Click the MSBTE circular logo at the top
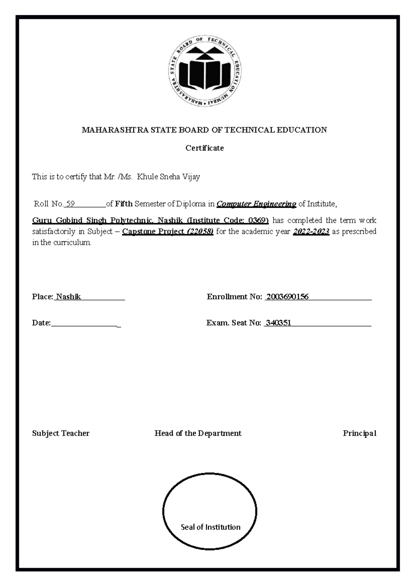tap(206, 71)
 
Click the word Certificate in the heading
tap(204, 148)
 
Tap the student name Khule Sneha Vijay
tap(168, 177)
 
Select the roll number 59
tap(71, 204)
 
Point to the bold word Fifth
tap(124, 204)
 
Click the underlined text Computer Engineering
tap(256, 204)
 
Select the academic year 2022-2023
tap(311, 232)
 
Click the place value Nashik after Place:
tap(68, 297)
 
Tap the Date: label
tap(41, 323)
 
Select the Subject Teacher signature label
tap(61, 433)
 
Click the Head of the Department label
tap(198, 433)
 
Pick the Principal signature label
tap(359, 433)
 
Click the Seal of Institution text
tap(210, 527)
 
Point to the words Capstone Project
tap(153, 232)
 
